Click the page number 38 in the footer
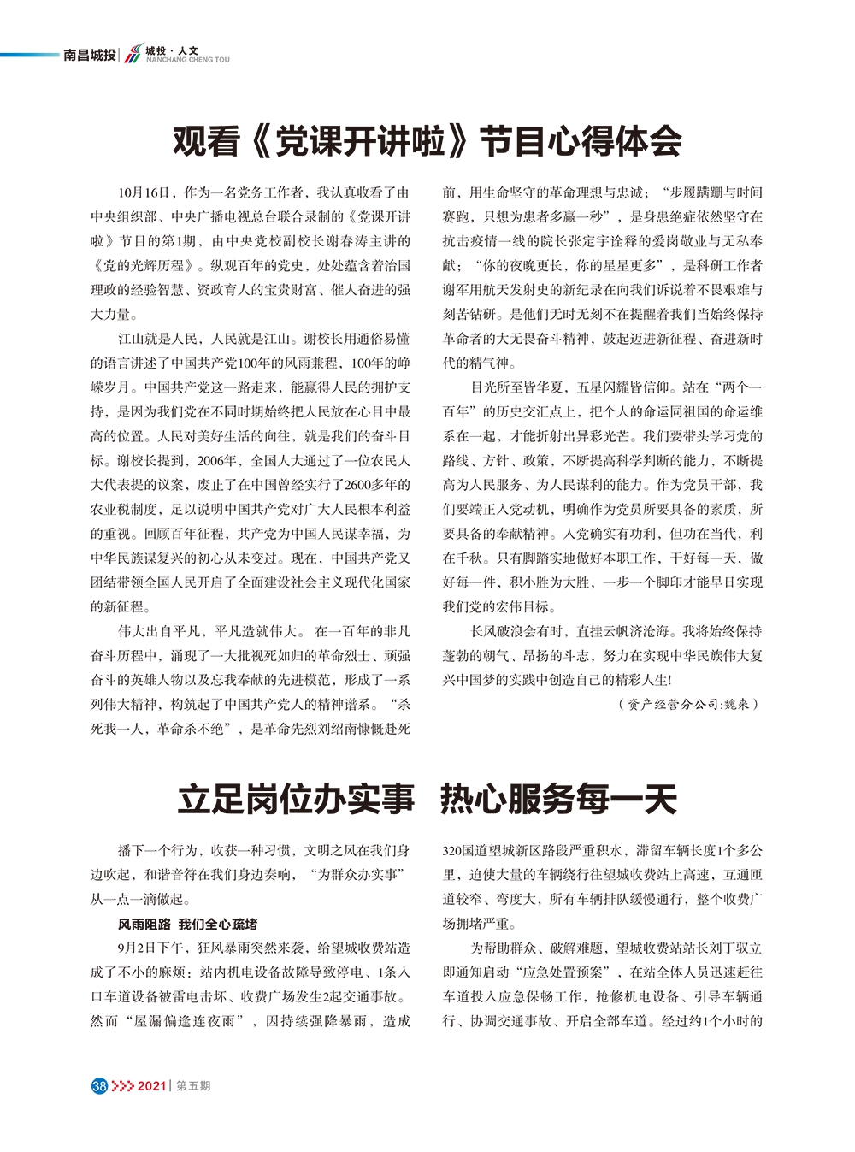coord(98,1085)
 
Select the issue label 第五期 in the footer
coord(193,1085)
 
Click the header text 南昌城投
coord(90,56)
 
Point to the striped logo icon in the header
coord(133,56)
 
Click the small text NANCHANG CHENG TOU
coord(187,61)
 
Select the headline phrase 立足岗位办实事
coord(296,799)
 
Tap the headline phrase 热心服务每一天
coord(558,799)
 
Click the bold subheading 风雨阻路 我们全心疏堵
coord(187,924)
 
